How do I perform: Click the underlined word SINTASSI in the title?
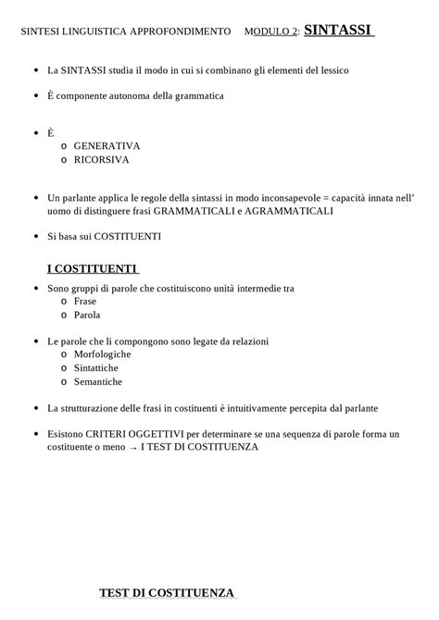[337, 31]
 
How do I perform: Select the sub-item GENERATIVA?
[107, 146]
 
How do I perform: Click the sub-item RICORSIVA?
[102, 159]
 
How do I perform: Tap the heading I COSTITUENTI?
[92, 268]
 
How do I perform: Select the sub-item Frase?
[86, 302]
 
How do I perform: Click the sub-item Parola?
[87, 315]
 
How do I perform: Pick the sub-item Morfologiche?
[102, 354]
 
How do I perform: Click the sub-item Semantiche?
[98, 381]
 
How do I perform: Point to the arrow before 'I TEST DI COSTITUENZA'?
[132, 448]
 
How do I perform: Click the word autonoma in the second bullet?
[132, 96]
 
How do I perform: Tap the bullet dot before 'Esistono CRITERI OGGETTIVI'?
[35, 434]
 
